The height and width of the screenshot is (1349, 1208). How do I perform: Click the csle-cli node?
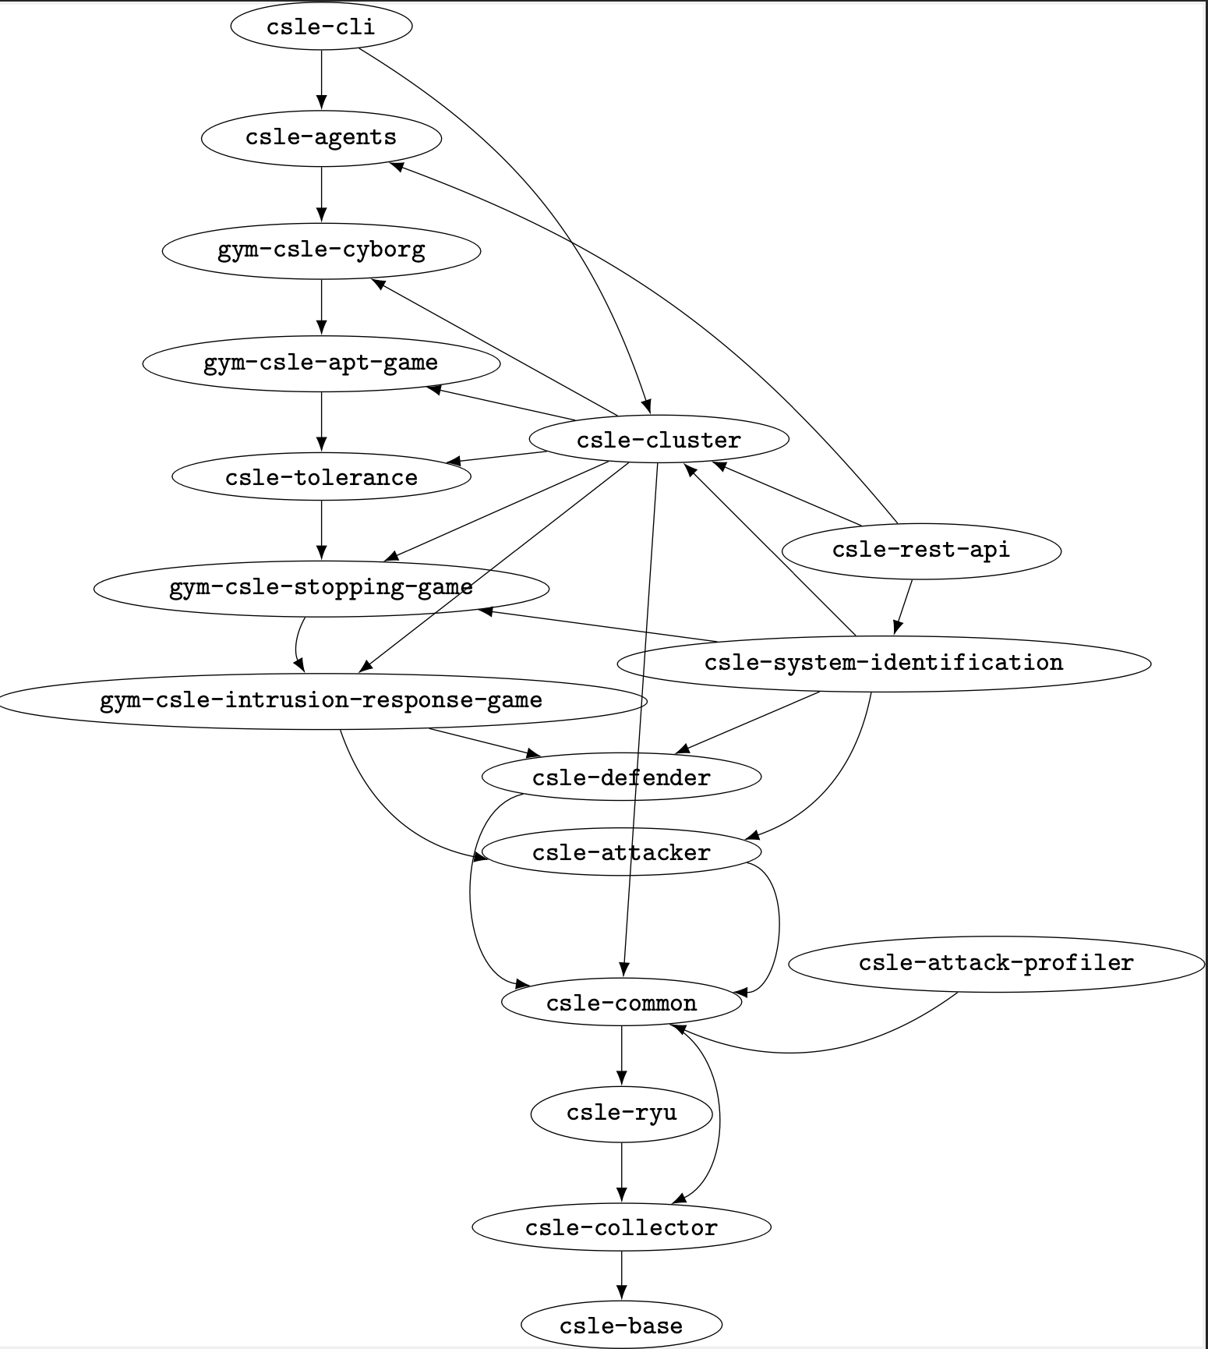[321, 27]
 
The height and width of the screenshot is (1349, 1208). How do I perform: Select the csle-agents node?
[321, 138]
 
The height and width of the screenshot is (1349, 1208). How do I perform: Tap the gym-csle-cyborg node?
[321, 250]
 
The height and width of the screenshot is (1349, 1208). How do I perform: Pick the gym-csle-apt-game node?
[321, 363]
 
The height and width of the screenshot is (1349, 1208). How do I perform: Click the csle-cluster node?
[659, 440]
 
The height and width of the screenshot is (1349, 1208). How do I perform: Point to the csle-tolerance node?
[321, 476]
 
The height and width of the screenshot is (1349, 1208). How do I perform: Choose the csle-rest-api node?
[921, 551]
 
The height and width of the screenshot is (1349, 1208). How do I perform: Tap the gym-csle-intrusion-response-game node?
[321, 700]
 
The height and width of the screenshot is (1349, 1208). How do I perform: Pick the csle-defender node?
[621, 777]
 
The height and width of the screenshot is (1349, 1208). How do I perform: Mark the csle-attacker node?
[621, 852]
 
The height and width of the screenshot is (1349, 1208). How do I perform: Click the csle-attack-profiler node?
[996, 964]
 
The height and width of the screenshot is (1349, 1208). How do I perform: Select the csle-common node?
[621, 1003]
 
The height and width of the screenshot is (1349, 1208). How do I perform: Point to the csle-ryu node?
[621, 1114]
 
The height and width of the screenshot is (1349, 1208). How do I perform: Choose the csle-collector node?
[621, 1228]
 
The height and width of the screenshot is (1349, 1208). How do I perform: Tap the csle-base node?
[621, 1326]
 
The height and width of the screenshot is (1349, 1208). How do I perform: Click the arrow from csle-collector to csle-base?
[621, 1276]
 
